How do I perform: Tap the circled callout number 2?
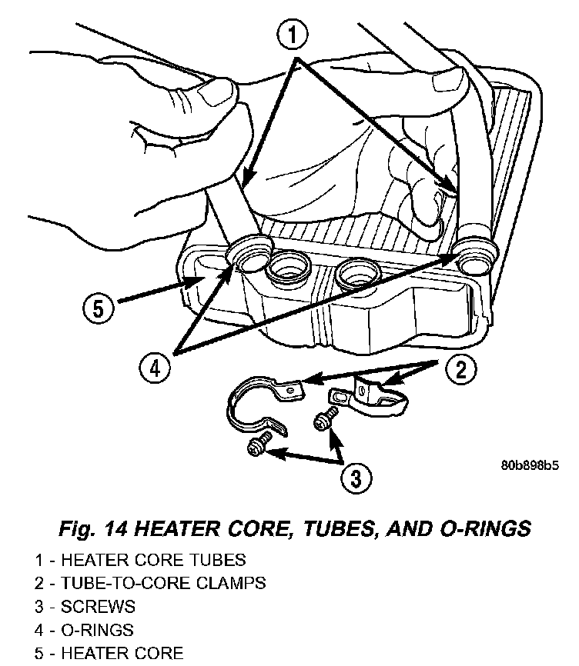460,370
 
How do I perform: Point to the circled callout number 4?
156,369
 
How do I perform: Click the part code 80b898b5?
529,465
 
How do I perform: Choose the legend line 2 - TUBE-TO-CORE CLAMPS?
149,583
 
